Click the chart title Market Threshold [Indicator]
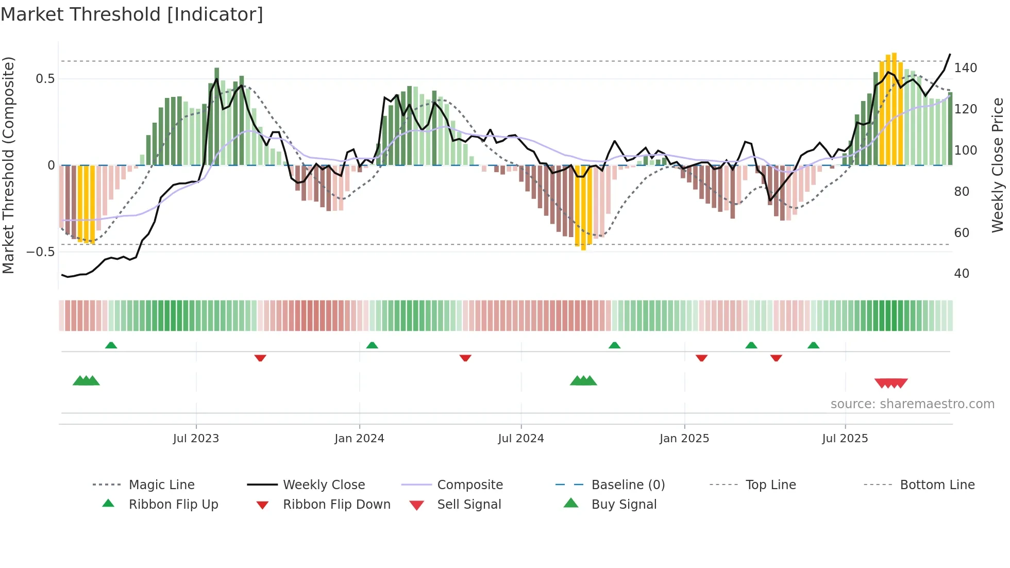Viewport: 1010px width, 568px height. click(132, 14)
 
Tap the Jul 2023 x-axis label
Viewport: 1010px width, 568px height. click(196, 439)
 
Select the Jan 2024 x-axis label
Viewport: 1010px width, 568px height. click(359, 439)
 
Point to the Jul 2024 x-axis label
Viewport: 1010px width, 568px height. click(521, 439)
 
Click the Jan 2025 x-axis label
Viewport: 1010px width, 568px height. click(684, 439)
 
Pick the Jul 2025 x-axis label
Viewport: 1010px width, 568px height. click(845, 439)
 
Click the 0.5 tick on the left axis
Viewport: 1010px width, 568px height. click(45, 79)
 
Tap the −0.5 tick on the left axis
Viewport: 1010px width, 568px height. click(41, 252)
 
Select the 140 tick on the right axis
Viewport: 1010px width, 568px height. click(965, 68)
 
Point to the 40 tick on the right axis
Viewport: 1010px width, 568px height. click(962, 274)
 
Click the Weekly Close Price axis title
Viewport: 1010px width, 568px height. click(998, 165)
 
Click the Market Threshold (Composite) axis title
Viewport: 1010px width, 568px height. click(8, 165)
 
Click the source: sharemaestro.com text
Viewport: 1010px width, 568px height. click(912, 404)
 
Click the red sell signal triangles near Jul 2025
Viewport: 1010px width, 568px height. click(891, 383)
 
